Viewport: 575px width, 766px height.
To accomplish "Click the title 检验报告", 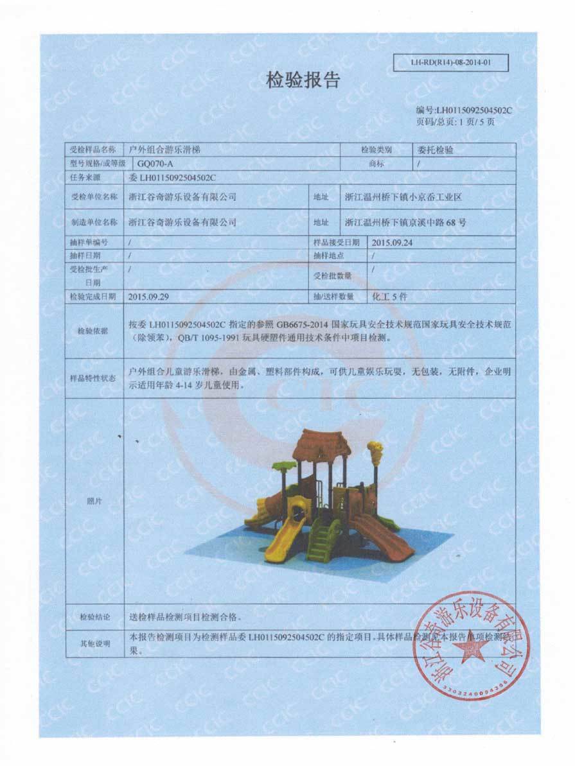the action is coord(303,80).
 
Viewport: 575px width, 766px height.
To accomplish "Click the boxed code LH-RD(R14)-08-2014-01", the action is coord(450,63).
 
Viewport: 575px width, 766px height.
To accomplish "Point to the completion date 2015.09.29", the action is coord(149,297).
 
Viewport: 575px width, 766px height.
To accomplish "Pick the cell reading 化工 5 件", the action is coord(391,297).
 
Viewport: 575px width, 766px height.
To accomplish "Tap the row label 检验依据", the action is coord(94,331).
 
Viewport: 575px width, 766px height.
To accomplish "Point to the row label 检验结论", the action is coord(94,617).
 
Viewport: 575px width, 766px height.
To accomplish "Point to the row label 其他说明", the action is coord(94,643).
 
